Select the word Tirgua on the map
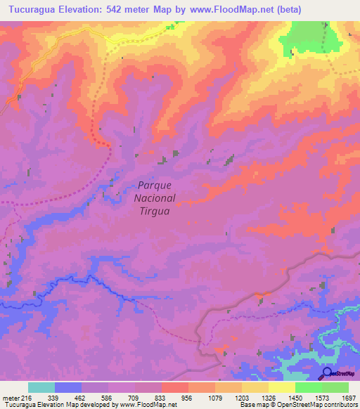point(154,212)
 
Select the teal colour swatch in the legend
point(41,387)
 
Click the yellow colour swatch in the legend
point(282,387)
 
